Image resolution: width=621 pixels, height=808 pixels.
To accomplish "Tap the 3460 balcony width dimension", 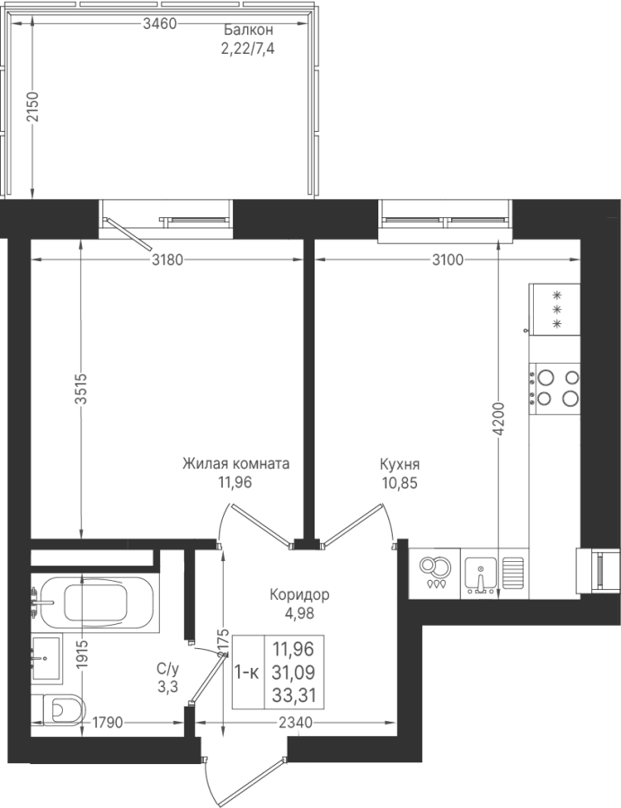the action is click(x=160, y=23).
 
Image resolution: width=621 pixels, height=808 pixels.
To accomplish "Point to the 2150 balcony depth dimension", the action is click(x=32, y=107).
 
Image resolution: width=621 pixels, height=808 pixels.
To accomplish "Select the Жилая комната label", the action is click(x=235, y=464).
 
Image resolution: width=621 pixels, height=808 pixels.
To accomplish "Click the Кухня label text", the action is click(x=399, y=464).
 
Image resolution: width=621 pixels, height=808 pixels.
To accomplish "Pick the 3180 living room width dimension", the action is click(x=167, y=259).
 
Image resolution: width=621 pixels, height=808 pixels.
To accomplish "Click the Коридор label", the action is click(x=299, y=595).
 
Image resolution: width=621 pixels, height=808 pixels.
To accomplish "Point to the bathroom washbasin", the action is click(x=47, y=659).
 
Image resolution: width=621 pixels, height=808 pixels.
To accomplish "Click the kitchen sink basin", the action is click(x=480, y=574).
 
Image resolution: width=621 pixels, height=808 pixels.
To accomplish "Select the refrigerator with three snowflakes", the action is click(x=554, y=309).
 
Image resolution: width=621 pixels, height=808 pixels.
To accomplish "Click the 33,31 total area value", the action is click(x=293, y=696).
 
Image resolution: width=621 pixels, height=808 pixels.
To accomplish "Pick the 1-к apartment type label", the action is click(x=247, y=672).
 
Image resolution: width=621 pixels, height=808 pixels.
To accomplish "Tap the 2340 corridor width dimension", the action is click(x=295, y=723).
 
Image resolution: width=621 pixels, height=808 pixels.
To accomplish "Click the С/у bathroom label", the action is click(x=168, y=669).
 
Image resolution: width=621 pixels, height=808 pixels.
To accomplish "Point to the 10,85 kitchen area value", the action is click(x=399, y=483).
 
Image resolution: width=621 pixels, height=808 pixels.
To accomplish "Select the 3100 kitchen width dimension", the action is click(x=448, y=259).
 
